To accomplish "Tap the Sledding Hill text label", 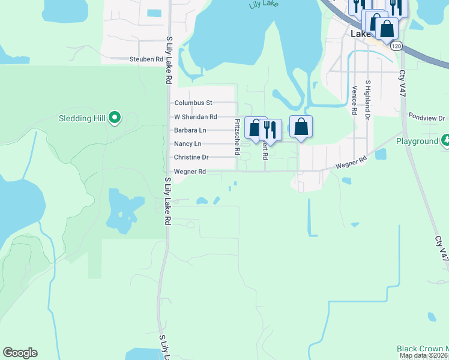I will [x=82, y=118].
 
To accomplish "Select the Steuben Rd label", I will [x=146, y=59].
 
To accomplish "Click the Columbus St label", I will [x=193, y=103].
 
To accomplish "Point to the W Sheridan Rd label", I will [x=195, y=117].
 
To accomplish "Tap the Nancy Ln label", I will [x=187, y=144].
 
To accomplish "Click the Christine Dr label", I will [x=191, y=157].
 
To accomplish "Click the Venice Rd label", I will [x=355, y=100].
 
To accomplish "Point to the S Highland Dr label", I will [x=367, y=98].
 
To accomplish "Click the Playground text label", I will [x=417, y=142].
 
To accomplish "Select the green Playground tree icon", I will [x=445, y=141].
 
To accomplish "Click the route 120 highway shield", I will [x=395, y=46].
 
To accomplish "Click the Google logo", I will [x=20, y=353].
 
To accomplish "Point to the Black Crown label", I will [x=422, y=349].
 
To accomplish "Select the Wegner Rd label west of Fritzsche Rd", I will [x=190, y=172].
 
